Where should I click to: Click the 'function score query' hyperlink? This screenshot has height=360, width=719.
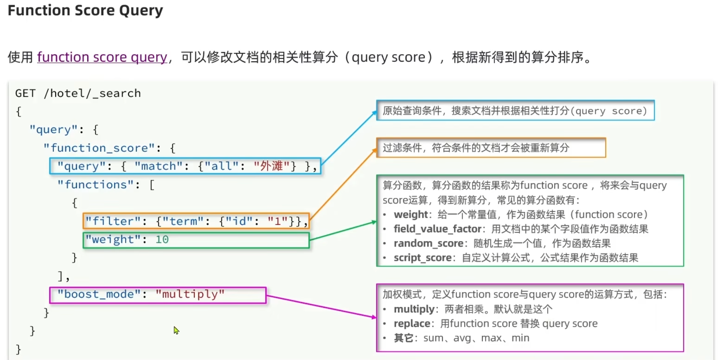tap(102, 57)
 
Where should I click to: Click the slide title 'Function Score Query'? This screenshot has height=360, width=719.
tap(85, 10)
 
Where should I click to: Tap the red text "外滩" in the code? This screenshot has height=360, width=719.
tap(271, 166)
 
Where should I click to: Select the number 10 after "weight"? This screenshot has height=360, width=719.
tap(162, 239)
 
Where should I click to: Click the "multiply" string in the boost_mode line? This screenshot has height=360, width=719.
tap(190, 294)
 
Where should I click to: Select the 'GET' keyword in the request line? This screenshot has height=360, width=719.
tap(25, 93)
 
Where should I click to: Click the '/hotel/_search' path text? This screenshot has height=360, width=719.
tap(92, 93)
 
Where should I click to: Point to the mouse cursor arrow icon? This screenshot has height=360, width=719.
tap(176, 330)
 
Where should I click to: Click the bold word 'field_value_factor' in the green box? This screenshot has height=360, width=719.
tap(437, 229)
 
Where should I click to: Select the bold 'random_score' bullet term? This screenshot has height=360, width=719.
tap(428, 243)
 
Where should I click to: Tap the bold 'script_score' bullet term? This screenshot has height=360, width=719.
tap(422, 258)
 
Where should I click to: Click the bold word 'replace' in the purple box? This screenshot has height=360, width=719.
tap(412, 323)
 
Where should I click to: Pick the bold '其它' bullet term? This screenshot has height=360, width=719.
tap(403, 338)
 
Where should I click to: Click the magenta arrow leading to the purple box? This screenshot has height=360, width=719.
tap(320, 306)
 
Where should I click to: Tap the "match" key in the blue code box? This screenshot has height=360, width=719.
tap(158, 166)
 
